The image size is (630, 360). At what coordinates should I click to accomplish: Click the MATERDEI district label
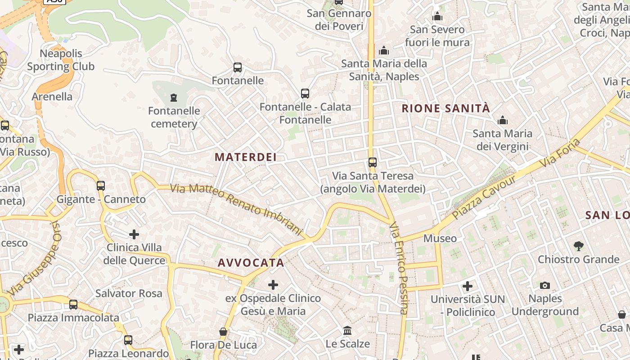(245, 157)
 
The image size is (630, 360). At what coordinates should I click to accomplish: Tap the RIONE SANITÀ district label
(445, 108)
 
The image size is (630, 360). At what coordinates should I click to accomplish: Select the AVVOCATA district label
(251, 263)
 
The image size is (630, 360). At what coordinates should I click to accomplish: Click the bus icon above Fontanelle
(238, 67)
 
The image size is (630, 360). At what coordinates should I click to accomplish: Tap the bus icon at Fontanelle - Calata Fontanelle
(305, 94)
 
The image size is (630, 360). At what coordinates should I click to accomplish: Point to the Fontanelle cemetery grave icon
(174, 97)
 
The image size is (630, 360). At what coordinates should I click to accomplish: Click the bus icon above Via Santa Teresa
(373, 162)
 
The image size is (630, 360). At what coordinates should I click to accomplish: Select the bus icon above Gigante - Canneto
(101, 185)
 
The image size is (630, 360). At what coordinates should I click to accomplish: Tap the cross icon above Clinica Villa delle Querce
(134, 234)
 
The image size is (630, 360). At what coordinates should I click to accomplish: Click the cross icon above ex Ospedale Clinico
(273, 284)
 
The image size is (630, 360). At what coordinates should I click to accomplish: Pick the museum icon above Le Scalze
(347, 331)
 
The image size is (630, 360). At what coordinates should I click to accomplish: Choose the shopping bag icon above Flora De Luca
(223, 332)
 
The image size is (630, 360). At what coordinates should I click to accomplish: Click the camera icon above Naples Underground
(545, 285)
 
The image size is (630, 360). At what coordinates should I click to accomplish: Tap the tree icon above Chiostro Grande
(579, 246)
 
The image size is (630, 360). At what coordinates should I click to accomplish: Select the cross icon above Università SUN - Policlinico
(468, 286)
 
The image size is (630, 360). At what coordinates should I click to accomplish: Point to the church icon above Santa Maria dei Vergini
(502, 120)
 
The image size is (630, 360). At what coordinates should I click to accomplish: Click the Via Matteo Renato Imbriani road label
(237, 210)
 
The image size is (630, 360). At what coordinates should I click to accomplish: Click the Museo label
(440, 238)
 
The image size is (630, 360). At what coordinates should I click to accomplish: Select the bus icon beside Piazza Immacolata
(73, 305)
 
